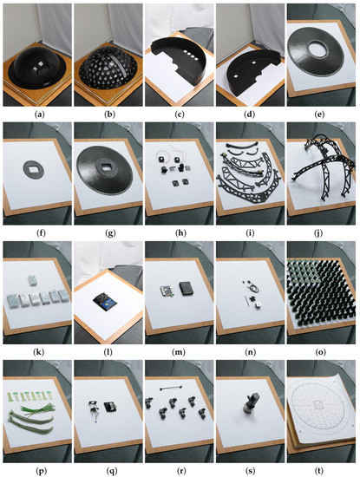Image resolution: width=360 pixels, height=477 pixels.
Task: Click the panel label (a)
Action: (40, 114)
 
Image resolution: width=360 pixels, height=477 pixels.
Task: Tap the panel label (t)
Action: (319, 471)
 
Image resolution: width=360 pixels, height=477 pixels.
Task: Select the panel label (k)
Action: (40, 352)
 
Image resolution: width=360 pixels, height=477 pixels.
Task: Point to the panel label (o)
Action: (319, 352)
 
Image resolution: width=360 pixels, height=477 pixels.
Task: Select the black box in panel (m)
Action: (186, 288)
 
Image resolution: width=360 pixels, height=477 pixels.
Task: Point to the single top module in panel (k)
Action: (32, 280)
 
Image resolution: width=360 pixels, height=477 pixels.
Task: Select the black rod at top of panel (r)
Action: (171, 388)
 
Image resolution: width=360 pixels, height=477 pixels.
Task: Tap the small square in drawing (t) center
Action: (319, 404)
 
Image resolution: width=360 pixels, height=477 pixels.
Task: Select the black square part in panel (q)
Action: (109, 407)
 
